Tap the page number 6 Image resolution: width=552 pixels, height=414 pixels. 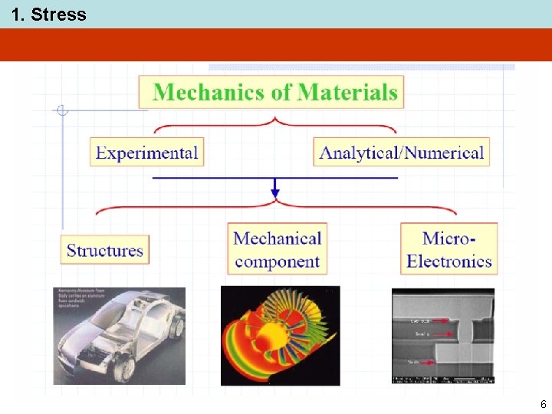543,404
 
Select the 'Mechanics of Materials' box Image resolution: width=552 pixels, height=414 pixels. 271,93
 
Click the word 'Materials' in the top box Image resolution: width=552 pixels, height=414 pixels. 348,93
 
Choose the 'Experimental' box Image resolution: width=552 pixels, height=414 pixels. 147,152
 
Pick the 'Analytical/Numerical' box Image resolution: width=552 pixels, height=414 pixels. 401,152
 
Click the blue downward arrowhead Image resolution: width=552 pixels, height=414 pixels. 275,192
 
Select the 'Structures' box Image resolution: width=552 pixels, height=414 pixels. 105,250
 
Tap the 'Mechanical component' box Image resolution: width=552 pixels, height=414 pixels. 277,249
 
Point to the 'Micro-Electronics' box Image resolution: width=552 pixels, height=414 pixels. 449,249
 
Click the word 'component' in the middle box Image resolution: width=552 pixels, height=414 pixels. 277,261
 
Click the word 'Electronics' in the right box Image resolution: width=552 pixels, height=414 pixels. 449,261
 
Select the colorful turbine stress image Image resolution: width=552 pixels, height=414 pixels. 280,336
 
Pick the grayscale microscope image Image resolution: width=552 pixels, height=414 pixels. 442,336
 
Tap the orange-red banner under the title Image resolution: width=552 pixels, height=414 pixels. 276,44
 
